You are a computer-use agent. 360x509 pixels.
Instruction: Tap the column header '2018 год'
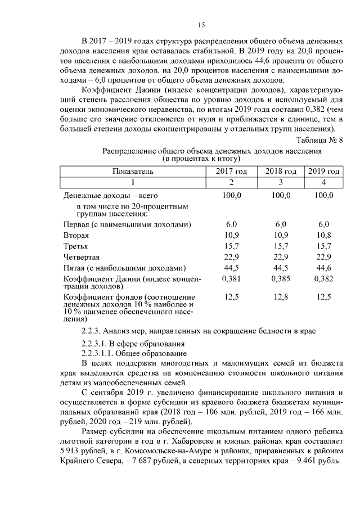point(280,171)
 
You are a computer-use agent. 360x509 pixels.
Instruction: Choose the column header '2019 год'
point(323,171)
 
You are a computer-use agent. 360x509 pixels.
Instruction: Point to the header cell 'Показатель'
point(133,171)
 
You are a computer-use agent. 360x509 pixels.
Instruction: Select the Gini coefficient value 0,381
point(231,278)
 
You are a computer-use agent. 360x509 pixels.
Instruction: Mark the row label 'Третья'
point(76,246)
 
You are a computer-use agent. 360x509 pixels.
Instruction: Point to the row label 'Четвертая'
point(82,256)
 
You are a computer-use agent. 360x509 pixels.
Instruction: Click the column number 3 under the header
point(280,182)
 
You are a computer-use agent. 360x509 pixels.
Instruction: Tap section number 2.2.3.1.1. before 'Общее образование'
point(101,353)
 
